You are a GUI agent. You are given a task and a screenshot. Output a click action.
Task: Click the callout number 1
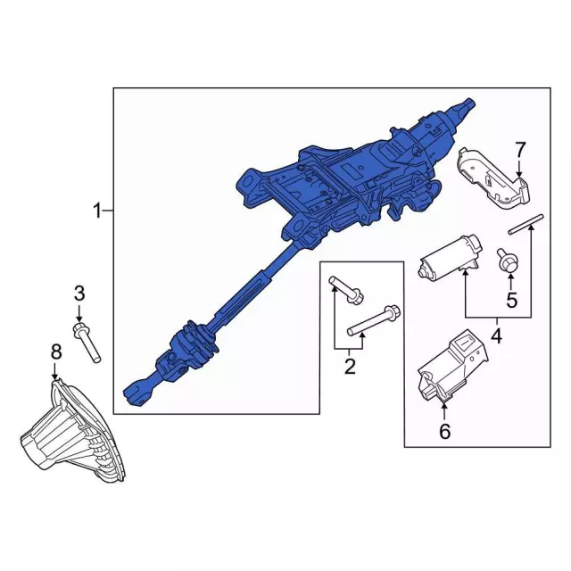click(96, 211)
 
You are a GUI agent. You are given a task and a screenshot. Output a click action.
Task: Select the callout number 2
click(350, 365)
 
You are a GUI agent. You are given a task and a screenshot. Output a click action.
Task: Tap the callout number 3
click(79, 293)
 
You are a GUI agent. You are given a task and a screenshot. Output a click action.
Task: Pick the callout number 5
click(511, 301)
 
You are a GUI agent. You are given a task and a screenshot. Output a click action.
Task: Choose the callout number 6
click(444, 433)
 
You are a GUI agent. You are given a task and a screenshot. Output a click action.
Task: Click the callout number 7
click(521, 149)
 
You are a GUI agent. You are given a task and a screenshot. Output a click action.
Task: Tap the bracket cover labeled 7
click(492, 182)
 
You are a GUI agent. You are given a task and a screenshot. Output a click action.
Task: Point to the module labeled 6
click(452, 368)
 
